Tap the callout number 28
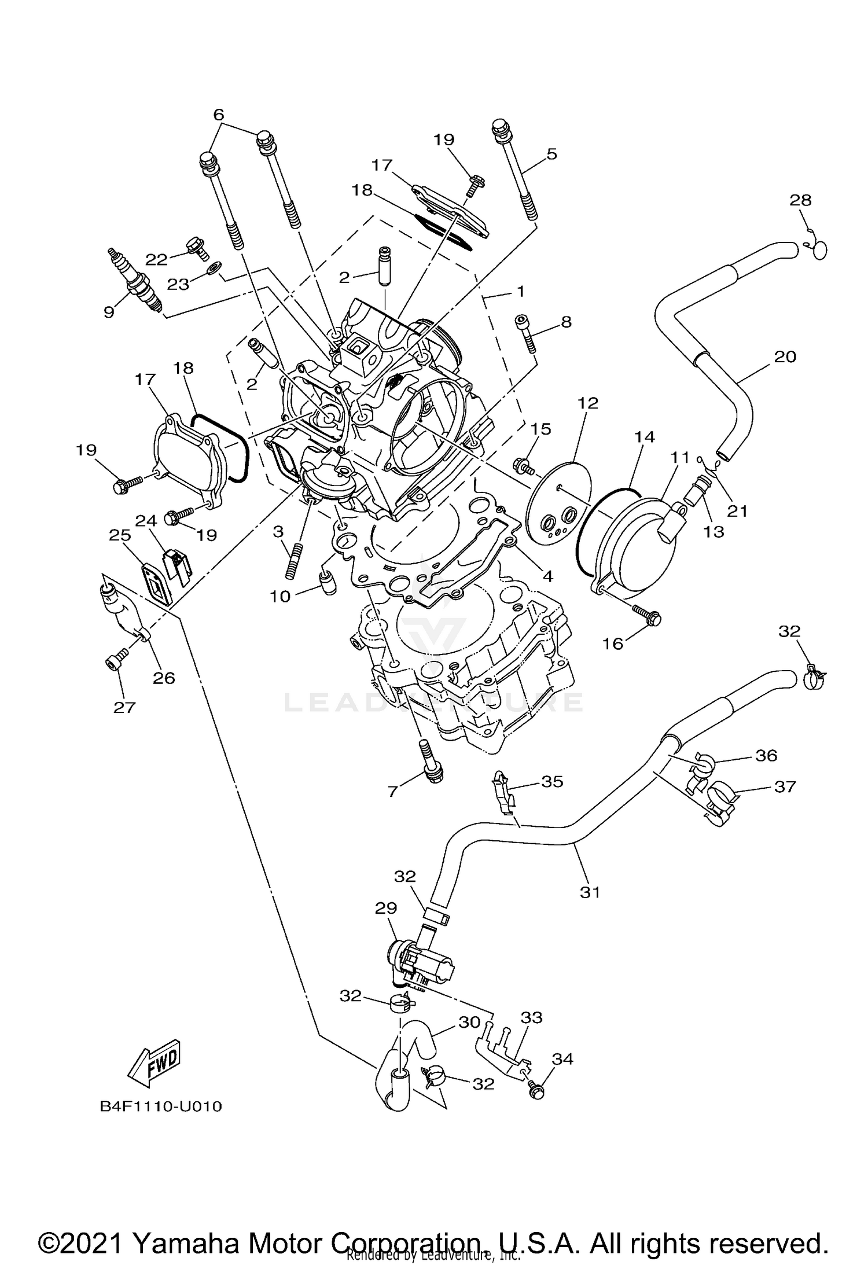[801, 200]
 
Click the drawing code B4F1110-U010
[161, 1106]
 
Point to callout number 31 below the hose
[590, 892]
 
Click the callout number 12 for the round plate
[587, 403]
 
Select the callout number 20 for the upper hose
[785, 356]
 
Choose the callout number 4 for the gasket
[547, 576]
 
